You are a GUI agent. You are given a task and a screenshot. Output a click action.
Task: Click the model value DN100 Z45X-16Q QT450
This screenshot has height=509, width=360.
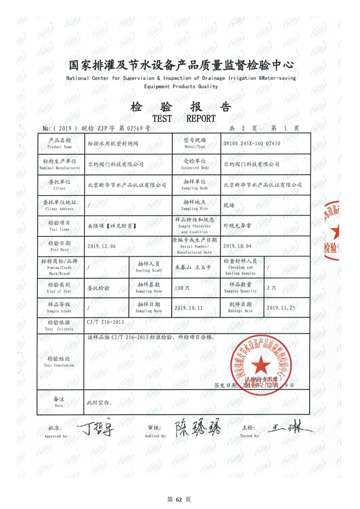click(x=252, y=144)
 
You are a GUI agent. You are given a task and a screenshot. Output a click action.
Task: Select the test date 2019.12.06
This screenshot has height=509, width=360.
click(x=102, y=246)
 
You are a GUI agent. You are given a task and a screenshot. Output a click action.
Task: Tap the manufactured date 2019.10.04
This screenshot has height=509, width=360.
click(x=237, y=246)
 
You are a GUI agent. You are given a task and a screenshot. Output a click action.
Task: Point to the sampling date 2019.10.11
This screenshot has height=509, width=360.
click(x=189, y=308)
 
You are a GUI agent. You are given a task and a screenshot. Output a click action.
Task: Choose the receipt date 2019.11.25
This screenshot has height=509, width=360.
click(x=281, y=308)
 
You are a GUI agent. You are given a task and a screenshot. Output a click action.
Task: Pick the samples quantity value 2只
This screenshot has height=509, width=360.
click(x=271, y=288)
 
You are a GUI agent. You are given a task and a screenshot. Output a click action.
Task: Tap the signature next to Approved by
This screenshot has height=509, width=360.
click(x=95, y=428)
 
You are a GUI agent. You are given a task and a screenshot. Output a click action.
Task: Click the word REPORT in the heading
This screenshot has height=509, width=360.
click(x=201, y=118)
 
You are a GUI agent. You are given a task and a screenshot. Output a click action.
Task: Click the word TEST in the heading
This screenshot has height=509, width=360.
click(x=162, y=118)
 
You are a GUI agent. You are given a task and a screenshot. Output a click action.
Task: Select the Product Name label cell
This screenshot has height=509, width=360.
click(x=60, y=143)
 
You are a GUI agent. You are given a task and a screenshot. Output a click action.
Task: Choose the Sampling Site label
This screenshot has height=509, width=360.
click(x=194, y=205)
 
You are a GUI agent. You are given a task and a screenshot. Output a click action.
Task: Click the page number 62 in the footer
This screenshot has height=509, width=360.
click(x=179, y=499)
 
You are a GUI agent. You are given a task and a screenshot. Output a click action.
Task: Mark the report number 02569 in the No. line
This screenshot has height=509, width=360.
click(x=135, y=128)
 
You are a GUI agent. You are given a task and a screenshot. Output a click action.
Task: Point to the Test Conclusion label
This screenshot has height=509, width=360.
click(x=59, y=362)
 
